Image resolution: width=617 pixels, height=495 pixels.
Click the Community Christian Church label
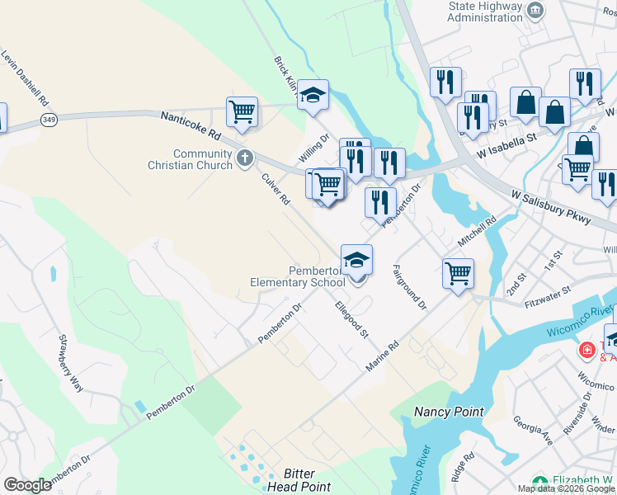pos(202,159)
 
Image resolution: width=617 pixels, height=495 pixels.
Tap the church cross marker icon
pos(244,158)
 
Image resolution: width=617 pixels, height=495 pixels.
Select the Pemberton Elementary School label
pos(298,276)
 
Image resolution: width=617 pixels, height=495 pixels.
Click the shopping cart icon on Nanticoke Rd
pos(242,111)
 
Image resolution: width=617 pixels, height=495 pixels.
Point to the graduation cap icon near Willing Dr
pos(313,95)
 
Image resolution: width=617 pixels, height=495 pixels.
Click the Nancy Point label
pos(448,411)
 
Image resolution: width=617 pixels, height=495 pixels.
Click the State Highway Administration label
pos(486,11)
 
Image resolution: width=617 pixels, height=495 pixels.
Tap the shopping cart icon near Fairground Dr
pos(458,273)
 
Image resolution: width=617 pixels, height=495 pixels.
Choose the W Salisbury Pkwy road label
pos(550,204)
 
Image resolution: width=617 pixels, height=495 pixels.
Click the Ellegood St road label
pos(351,319)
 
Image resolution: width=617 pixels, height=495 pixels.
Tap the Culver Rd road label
pos(276,189)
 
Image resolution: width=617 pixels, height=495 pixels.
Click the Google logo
pos(27,485)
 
